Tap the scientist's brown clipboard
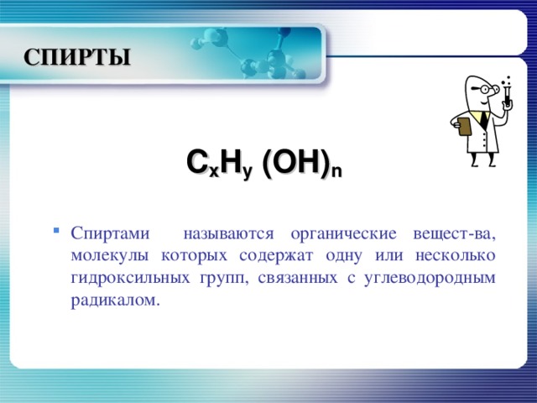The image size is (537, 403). (x=463, y=126)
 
